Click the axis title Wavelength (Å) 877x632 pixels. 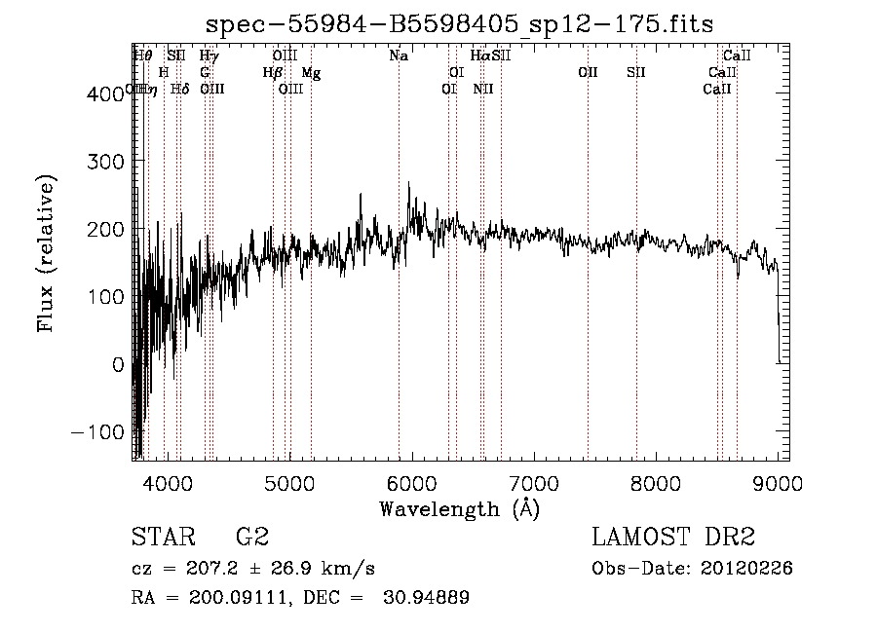459,508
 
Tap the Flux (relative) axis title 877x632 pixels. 47,253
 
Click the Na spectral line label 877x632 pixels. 399,56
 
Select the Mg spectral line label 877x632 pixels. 311,73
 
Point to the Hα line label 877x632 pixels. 480,56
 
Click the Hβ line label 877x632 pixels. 273,73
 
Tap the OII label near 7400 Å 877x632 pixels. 588,73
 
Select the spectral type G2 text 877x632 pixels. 251,538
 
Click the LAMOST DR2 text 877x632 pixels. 673,538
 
